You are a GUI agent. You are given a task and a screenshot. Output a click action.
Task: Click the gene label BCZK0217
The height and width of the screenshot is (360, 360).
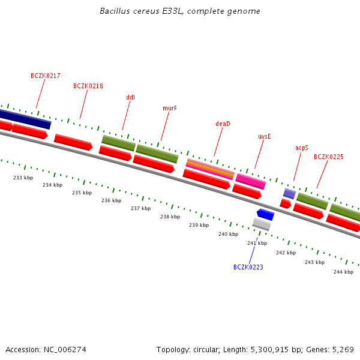[x=46, y=76]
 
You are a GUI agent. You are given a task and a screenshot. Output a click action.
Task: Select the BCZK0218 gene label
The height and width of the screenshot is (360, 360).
[x=88, y=86]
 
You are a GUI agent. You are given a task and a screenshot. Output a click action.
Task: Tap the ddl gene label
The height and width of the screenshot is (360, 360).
[x=131, y=97]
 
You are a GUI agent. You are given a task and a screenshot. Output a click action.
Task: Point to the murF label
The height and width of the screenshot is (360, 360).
[x=170, y=108]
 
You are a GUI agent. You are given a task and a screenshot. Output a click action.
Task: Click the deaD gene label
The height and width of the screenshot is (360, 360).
[x=223, y=124]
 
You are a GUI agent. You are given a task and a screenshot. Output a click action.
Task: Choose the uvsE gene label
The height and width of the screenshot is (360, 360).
[x=265, y=137]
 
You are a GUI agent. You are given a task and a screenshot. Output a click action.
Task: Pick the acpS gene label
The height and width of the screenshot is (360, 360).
[x=302, y=148]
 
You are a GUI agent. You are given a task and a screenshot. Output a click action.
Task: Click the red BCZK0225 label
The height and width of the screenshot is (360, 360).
[x=329, y=157]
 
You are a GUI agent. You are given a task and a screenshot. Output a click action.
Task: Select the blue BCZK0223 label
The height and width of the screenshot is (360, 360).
[x=248, y=267]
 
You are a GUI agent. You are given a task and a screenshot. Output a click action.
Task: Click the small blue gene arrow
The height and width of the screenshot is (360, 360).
[x=265, y=214]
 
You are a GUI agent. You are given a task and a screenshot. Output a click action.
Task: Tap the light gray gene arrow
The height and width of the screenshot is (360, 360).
[x=261, y=224]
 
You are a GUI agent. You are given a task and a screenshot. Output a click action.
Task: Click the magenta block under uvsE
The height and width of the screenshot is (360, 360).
[x=250, y=181]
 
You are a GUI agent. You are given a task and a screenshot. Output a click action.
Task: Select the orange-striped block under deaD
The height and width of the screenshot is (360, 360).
[x=209, y=169]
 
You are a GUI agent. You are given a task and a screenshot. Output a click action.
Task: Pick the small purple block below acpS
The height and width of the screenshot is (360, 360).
[x=289, y=193]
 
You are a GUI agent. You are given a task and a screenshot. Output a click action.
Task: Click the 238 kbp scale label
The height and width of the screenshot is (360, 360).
[x=170, y=217]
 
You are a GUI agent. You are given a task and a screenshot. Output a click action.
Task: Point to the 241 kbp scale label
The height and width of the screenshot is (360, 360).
[x=257, y=243]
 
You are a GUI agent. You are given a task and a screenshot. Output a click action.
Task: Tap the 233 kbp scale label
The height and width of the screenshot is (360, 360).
[x=23, y=178]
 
